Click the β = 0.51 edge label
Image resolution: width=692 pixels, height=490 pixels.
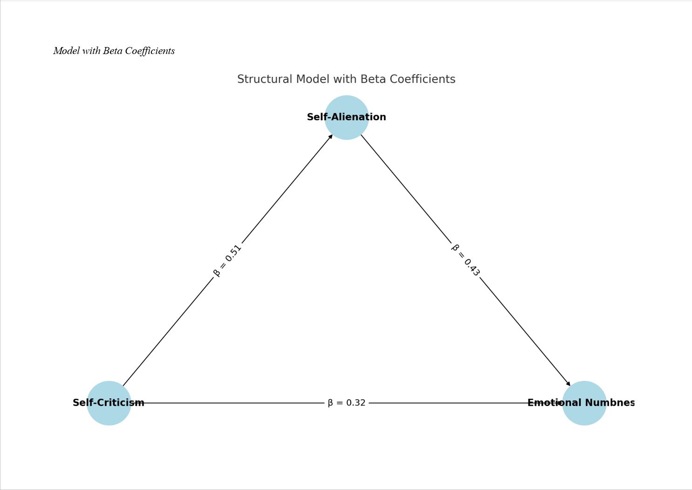(x=227, y=261)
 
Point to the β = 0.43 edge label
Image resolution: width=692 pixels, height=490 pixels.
(x=465, y=260)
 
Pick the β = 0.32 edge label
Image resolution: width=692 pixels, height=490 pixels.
(x=346, y=403)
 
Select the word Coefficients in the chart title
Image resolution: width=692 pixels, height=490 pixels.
(x=422, y=80)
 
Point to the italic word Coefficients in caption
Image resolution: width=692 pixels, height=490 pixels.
(x=150, y=51)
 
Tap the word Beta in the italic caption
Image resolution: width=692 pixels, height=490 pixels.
(x=113, y=51)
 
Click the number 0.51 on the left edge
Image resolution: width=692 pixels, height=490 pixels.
(x=233, y=253)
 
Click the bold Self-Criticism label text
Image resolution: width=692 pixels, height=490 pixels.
(x=109, y=403)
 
